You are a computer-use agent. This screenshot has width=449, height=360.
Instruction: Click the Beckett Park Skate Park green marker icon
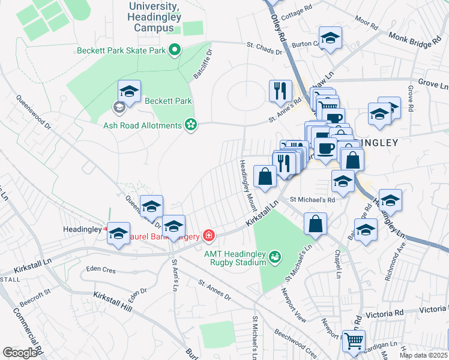[175, 50]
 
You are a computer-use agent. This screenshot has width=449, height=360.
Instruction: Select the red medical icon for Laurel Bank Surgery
[208, 235]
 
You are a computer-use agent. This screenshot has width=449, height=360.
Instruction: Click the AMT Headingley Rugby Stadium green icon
[275, 257]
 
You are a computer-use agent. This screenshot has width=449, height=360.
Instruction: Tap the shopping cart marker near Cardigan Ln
[354, 341]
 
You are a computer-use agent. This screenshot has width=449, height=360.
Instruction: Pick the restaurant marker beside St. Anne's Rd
[280, 91]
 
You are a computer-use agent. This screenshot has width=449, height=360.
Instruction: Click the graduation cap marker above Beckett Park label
[129, 91]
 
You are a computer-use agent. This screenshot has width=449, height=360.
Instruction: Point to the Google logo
[20, 352]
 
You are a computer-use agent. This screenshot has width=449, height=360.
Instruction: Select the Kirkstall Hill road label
[113, 301]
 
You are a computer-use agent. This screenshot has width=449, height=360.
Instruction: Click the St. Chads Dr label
[265, 47]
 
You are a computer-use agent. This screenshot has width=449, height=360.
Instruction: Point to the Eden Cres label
[100, 269]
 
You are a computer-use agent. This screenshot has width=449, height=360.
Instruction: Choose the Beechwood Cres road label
[295, 340]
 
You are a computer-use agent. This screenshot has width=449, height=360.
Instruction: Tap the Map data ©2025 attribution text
[423, 355]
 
